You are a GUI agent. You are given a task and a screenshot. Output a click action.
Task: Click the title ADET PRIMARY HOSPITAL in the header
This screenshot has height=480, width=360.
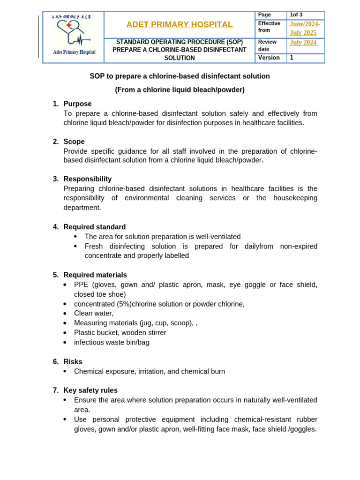point(180,24)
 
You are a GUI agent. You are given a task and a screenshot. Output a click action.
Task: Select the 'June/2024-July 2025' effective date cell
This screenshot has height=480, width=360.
point(305,29)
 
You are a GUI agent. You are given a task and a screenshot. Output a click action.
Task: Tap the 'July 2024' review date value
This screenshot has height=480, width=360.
point(303,43)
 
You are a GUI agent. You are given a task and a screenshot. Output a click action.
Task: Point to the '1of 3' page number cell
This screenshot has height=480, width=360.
point(296,15)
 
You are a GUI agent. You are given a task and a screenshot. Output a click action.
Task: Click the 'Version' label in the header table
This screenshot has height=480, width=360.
point(269,58)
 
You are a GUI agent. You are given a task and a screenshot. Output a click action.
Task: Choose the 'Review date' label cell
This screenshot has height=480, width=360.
point(268,45)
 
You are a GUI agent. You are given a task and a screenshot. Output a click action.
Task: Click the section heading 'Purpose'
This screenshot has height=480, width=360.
point(77,104)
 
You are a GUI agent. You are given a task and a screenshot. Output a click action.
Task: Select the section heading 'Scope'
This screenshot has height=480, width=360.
point(74,142)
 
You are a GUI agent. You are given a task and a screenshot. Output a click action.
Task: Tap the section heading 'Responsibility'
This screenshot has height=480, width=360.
point(88,179)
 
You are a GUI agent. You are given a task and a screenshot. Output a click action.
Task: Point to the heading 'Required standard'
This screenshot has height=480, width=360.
point(95,227)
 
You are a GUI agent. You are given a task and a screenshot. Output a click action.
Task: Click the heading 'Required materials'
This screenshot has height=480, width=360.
point(95,275)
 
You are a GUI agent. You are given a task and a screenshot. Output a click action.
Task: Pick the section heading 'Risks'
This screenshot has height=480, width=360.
point(73,362)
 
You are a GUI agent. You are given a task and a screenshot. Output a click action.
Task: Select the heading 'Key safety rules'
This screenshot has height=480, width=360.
point(90,390)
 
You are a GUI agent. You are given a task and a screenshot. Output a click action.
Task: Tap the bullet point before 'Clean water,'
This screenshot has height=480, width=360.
point(66,314)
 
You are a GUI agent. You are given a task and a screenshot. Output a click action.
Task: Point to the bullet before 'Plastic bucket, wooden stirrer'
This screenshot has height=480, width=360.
point(66,333)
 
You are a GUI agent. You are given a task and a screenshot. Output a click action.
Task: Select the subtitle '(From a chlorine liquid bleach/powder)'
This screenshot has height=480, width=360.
point(180,90)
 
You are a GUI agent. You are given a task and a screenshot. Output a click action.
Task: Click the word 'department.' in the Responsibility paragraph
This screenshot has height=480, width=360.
point(82,207)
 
